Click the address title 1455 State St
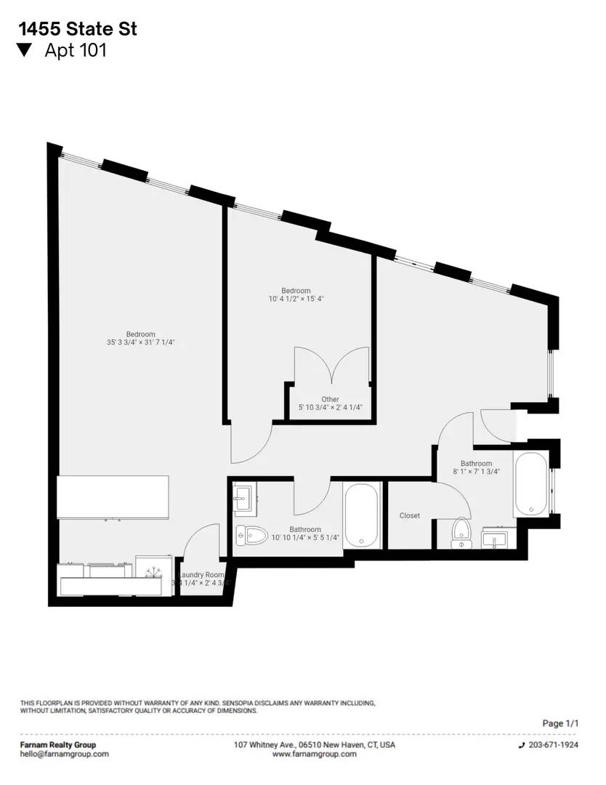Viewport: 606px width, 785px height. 78,29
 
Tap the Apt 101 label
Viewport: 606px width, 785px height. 76,50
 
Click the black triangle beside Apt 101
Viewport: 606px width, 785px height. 25,50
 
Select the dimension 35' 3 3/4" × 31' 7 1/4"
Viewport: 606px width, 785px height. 140,342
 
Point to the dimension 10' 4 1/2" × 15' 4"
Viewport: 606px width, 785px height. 296,299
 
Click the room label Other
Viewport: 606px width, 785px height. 330,399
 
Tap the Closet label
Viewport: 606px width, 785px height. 409,515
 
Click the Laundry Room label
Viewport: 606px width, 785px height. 203,574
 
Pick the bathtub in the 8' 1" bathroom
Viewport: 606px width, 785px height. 530,485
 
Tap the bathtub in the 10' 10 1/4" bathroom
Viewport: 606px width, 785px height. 362,515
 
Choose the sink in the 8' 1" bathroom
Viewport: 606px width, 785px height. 498,540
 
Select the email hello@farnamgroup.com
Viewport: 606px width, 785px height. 64,754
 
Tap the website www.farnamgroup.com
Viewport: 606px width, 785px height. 315,754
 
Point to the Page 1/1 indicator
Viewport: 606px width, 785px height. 561,723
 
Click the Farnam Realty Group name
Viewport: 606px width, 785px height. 57,745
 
